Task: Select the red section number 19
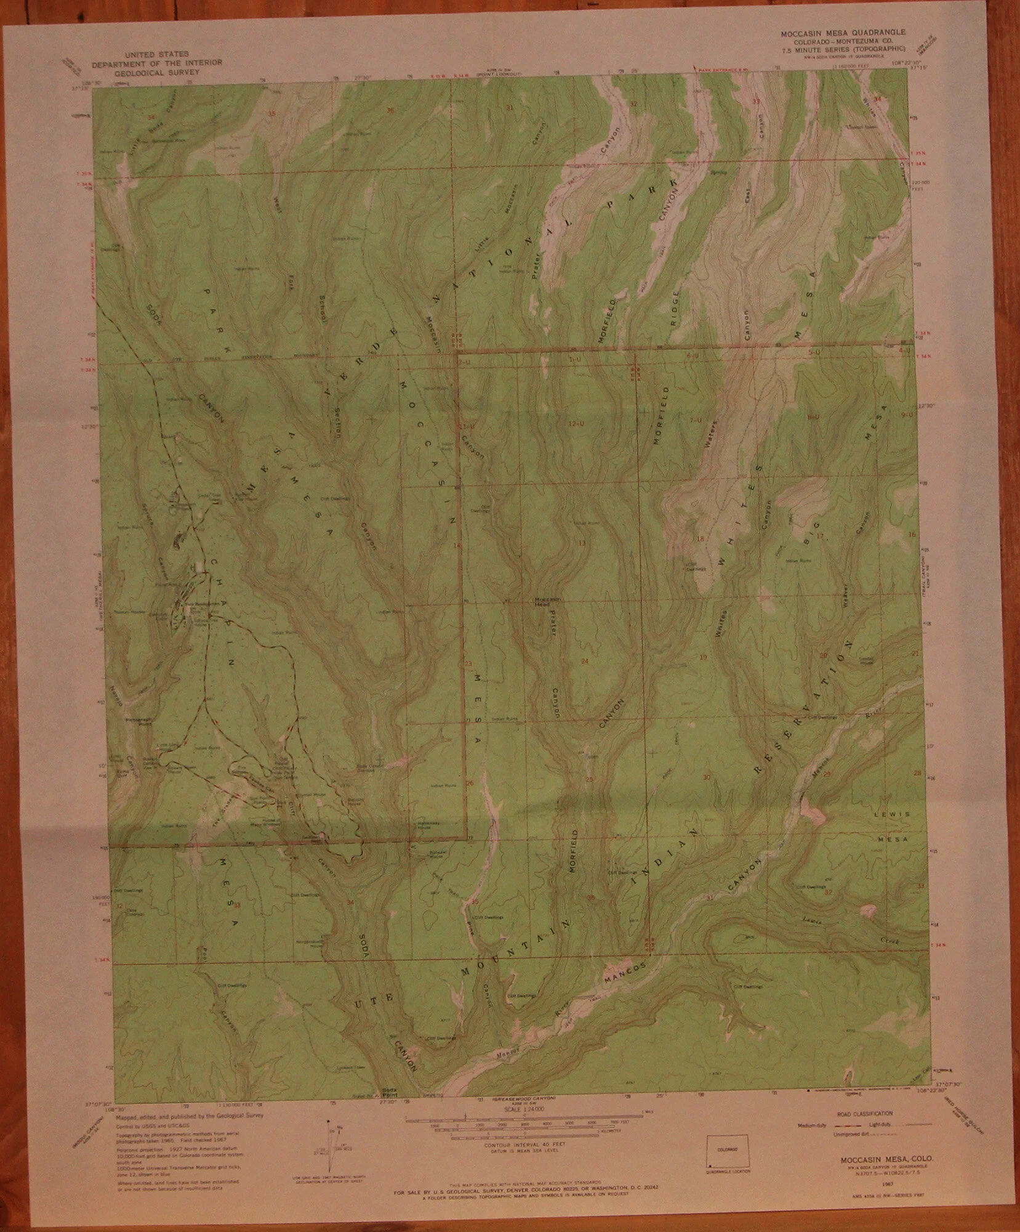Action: [704, 658]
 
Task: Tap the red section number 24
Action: [585, 661]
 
